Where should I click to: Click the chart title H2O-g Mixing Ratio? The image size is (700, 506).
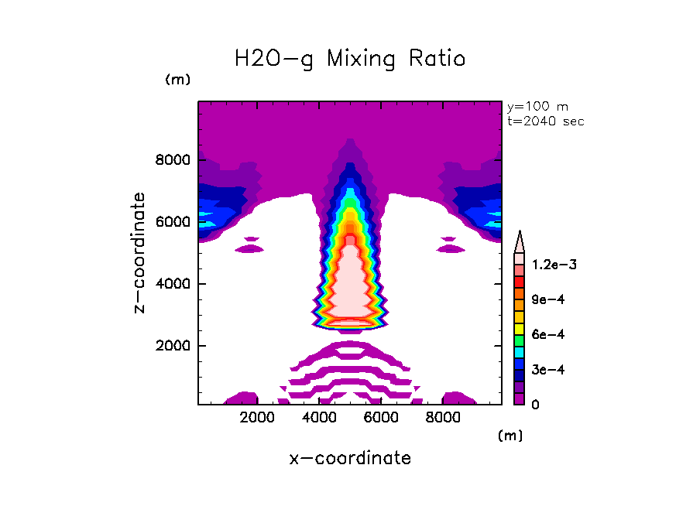350,59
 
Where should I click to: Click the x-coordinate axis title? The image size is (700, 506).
350,458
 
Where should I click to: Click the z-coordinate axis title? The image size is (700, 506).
139,252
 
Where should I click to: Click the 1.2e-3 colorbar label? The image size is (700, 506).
554,265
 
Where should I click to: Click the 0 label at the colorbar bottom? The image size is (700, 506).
535,405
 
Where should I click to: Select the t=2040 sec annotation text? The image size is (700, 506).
545,121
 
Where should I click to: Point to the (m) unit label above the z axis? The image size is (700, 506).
177,80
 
